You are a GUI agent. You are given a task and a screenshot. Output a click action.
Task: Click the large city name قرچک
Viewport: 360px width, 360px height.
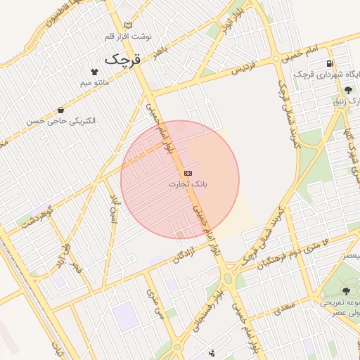tap(123, 60)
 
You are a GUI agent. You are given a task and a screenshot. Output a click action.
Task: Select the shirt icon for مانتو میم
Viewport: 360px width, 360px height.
tap(95, 71)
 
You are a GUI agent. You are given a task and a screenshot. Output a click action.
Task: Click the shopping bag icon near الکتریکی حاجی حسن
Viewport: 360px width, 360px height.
tap(60, 110)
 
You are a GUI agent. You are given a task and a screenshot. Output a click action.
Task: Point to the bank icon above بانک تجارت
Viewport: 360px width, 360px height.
tap(188, 172)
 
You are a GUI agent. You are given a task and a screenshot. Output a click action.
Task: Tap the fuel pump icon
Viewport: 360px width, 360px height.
tap(328, 63)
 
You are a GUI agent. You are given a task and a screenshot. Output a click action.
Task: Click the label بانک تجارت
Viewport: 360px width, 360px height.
tap(184, 184)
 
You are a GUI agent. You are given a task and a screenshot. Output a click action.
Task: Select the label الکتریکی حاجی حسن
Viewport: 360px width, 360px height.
tap(61, 121)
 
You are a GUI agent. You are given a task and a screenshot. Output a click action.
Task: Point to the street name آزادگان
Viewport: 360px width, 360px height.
tap(183, 257)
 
